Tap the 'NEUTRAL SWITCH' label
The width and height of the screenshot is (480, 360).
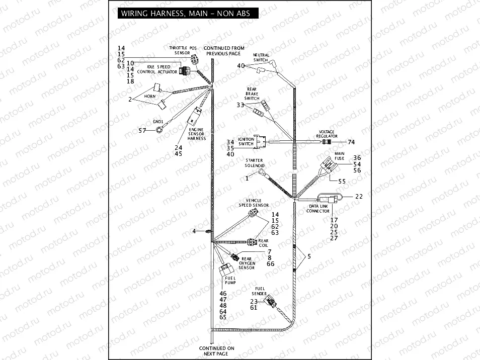[x=261, y=57]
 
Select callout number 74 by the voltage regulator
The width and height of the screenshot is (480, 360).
[x=351, y=142]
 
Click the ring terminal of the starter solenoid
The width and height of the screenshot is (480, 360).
[x=263, y=172]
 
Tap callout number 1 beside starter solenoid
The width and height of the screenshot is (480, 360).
[x=247, y=178]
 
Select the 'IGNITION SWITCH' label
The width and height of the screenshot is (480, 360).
[x=246, y=142]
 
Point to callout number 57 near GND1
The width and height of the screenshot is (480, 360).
[x=142, y=131]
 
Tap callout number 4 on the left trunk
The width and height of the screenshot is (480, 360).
[x=194, y=231]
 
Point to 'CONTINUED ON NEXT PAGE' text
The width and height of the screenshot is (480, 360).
[x=216, y=351]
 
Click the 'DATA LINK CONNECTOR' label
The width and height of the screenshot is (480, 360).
[x=318, y=209]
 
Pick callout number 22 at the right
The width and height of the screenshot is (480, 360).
[x=359, y=197]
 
